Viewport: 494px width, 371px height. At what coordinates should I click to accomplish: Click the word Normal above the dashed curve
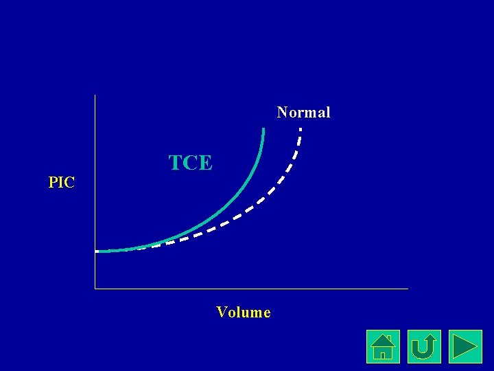303,112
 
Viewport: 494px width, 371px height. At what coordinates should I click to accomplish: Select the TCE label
191,163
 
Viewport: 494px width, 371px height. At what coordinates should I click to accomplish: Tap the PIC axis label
61,183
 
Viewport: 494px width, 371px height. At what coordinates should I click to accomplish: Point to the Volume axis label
243,313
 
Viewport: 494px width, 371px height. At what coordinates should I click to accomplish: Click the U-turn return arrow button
424,346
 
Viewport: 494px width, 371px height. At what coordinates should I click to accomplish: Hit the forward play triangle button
465,346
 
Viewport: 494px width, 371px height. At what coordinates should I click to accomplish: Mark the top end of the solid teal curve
263,129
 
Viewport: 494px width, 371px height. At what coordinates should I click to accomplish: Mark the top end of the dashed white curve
301,128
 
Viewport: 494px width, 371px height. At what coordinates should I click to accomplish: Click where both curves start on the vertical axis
97,251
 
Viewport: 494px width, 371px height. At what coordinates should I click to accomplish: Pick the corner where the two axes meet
95,289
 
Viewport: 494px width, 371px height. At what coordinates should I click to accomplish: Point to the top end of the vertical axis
95,95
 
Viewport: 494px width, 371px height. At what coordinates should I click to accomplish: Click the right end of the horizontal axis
408,289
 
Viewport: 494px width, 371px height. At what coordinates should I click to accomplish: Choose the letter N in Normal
282,112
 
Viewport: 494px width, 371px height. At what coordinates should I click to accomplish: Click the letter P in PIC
53,183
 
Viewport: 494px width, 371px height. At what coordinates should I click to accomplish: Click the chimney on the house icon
389,339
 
